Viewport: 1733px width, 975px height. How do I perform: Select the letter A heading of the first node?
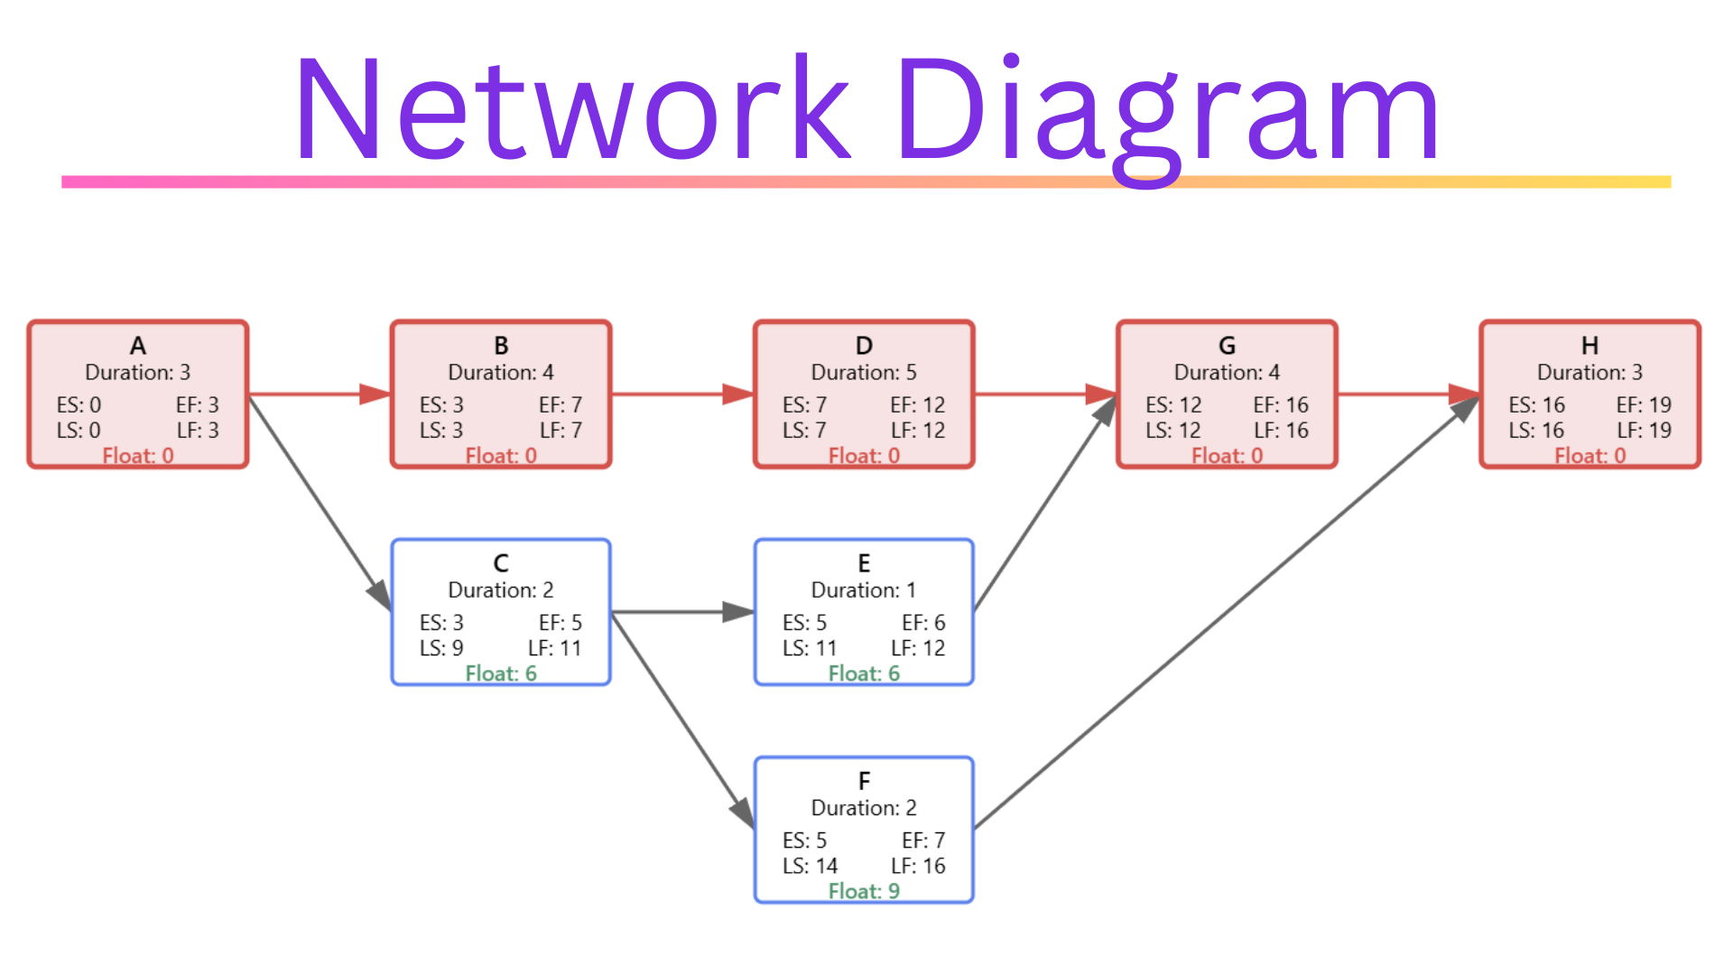pos(138,346)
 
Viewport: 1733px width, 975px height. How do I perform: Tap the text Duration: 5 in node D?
pos(864,372)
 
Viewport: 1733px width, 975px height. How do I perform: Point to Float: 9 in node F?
pos(864,891)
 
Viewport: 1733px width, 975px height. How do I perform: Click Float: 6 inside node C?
pos(501,673)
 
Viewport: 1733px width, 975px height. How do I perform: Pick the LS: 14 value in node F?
pos(810,866)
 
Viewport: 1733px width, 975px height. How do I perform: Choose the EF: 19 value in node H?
pos(1644,404)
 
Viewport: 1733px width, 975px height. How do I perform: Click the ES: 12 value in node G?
pos(1173,404)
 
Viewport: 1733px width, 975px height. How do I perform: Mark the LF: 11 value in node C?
pos(555,648)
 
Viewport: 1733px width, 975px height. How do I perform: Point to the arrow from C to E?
pos(682,612)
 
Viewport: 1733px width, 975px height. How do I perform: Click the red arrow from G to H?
pos(1408,395)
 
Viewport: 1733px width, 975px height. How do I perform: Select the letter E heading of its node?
pos(864,563)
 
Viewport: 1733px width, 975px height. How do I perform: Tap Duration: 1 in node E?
pos(864,590)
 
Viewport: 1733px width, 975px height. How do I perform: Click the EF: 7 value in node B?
pos(561,404)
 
